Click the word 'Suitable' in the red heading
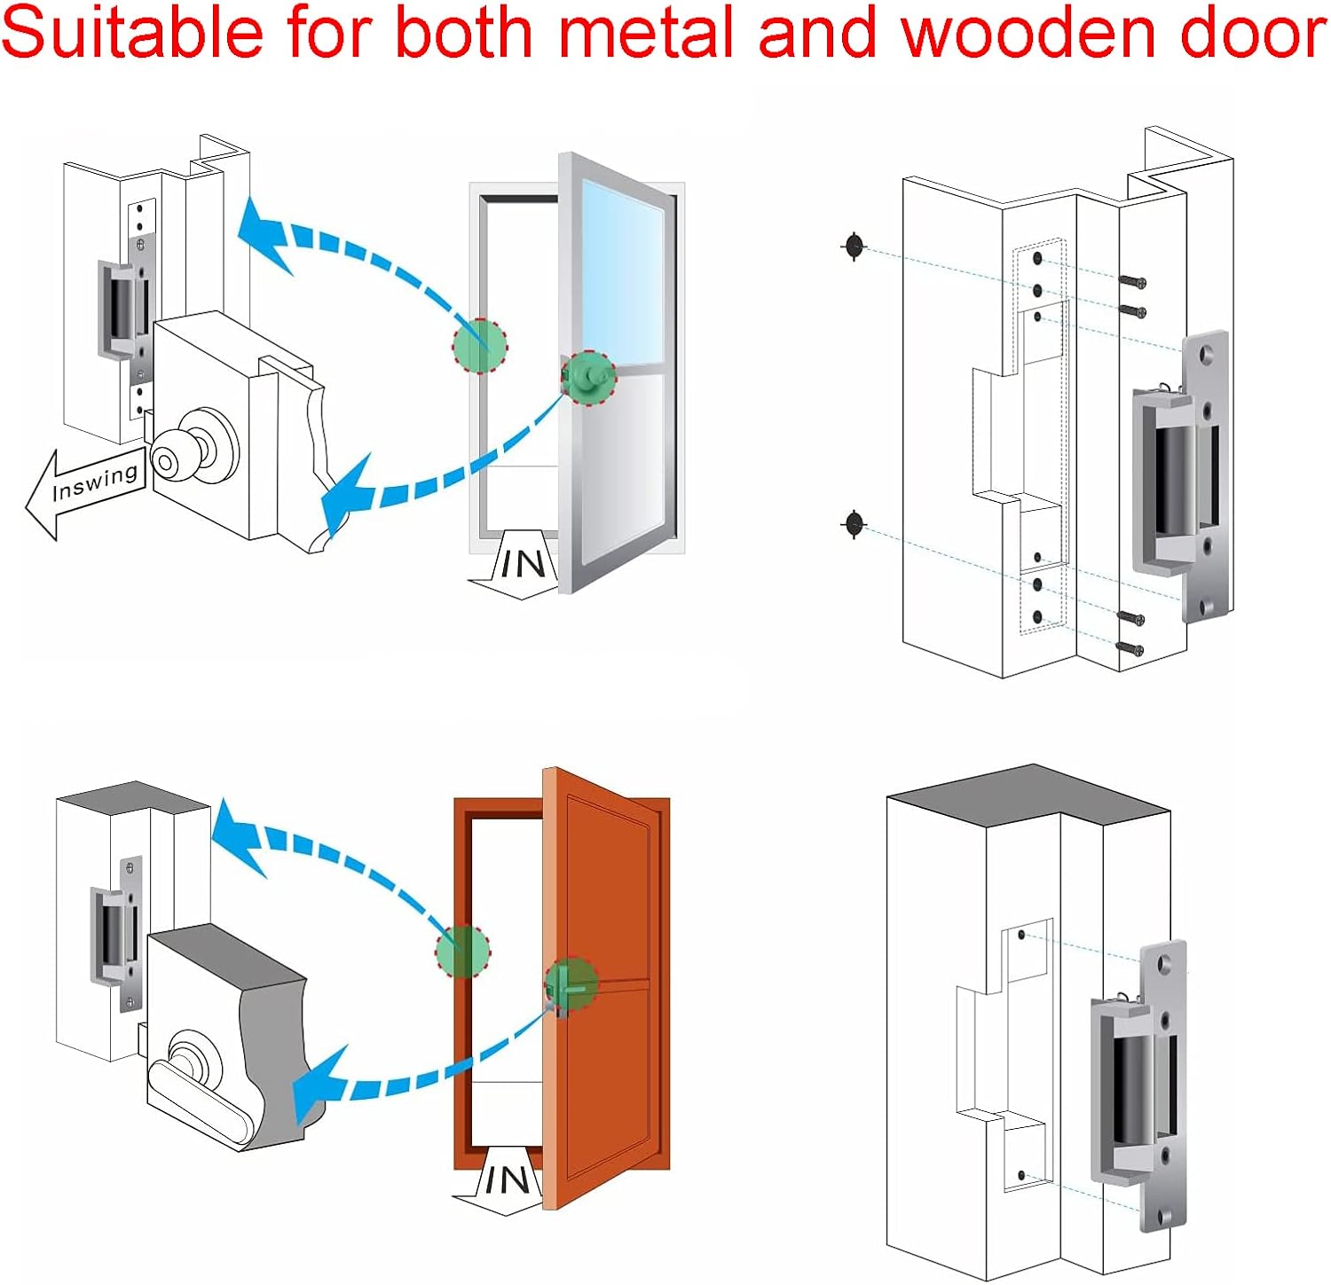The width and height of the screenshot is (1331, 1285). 133,34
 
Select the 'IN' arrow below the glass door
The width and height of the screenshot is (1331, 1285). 519,564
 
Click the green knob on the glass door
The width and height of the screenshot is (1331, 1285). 588,376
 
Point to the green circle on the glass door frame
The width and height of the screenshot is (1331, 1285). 479,345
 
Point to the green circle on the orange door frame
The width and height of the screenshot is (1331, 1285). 462,951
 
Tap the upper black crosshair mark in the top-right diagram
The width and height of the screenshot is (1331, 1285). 854,247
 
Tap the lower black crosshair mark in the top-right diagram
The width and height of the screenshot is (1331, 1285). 854,524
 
